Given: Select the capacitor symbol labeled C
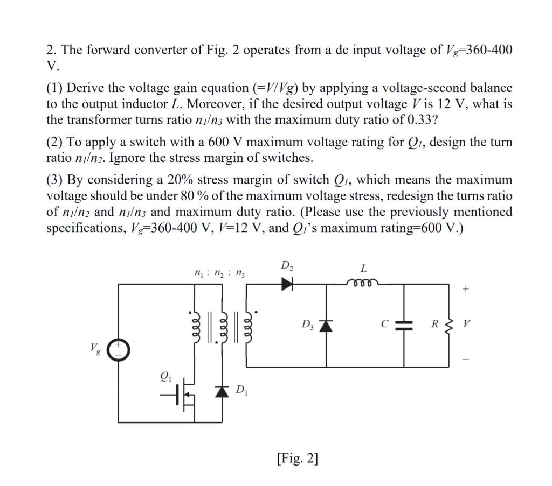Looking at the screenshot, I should (404, 325).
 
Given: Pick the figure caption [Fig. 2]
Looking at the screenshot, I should (296, 459).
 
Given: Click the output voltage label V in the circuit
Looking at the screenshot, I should (467, 325).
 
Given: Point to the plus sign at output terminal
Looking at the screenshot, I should (466, 290).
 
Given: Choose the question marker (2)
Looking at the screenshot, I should (54, 142).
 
